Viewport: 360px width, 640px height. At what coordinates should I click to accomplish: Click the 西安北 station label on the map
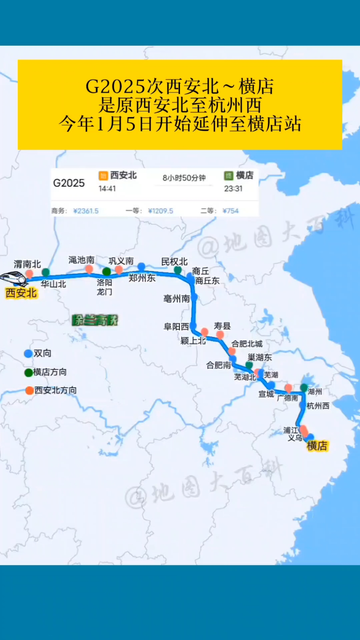pos(21,293)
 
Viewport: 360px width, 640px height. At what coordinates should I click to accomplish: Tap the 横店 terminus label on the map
pos(317,446)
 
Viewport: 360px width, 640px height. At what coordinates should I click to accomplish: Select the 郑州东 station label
pos(142,278)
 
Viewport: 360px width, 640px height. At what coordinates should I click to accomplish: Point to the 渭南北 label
pos(27,264)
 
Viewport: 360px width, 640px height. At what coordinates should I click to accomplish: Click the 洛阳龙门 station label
pos(104,287)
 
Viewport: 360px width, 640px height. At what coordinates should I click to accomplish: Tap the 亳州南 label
pos(176,298)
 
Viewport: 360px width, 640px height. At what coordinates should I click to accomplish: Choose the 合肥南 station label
pos(218,365)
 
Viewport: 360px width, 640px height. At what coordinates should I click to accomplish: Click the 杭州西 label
pos(318,406)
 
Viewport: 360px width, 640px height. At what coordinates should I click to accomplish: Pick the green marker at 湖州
pos(304,388)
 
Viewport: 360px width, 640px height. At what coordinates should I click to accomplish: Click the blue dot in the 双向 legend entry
pos(28,353)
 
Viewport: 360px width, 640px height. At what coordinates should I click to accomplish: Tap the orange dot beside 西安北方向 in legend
pos(30,390)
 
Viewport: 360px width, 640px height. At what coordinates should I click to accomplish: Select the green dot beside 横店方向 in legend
pos(29,372)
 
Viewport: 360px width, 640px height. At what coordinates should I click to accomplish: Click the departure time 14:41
pos(107,189)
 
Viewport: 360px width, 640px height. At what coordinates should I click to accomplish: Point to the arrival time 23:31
pos(233,189)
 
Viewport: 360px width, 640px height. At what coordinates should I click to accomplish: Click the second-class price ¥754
pos(231,211)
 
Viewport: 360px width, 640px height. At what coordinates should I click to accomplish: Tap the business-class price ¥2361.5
pos(86,211)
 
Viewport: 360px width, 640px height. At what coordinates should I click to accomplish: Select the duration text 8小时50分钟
pos(184,178)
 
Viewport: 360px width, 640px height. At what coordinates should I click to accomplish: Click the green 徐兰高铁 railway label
pos(95,320)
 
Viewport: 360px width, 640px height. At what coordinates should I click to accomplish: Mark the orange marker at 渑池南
pos(89,269)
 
